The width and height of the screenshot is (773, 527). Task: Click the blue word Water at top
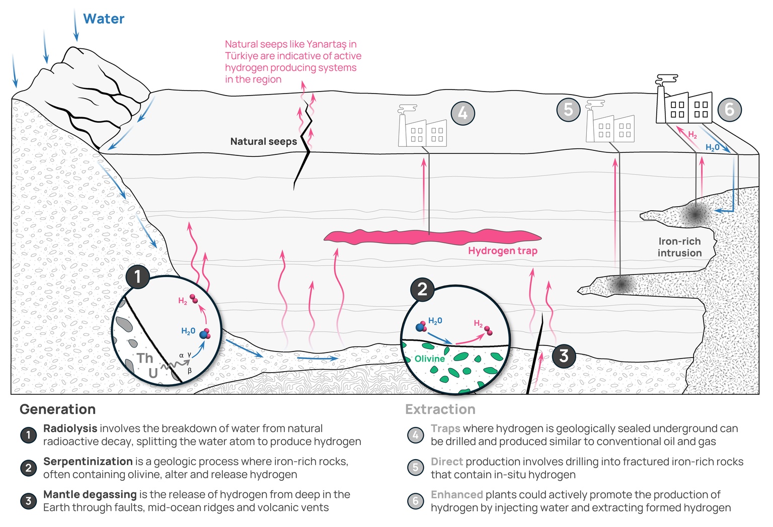103,19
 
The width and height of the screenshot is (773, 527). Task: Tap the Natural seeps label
263,141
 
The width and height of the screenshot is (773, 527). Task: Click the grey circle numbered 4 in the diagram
462,113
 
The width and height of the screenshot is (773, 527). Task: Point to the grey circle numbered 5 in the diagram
568,109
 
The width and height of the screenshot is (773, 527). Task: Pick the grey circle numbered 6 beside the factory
729,109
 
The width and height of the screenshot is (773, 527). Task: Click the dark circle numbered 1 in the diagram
137,277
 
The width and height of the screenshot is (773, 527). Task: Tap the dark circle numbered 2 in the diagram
422,289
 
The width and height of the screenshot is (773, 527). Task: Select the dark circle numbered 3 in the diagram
564,356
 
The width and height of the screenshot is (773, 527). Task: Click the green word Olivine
429,359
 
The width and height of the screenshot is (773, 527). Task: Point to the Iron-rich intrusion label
679,247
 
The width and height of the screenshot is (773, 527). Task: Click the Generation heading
57,409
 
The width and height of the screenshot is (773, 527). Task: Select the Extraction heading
440,409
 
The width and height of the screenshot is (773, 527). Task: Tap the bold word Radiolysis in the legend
70,428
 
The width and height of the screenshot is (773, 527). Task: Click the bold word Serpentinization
88,461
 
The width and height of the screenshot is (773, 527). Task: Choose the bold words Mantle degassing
90,494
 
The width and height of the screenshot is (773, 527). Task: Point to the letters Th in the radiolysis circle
145,358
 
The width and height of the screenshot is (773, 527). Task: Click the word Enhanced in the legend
456,494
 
